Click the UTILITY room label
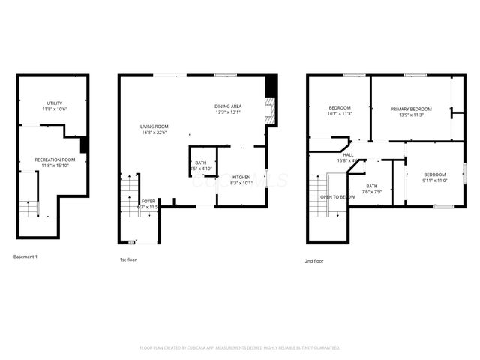[x=54, y=103]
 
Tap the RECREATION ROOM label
[x=54, y=159]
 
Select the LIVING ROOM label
[x=154, y=127]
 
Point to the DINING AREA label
[x=228, y=106]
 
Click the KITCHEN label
[x=241, y=176]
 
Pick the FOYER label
[x=148, y=201]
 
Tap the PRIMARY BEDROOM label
[x=411, y=109]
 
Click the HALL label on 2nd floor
[x=348, y=154]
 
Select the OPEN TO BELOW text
[x=337, y=196]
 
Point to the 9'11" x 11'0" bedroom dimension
[x=434, y=181]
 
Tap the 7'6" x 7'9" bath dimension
[x=373, y=192]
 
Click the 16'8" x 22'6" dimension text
[x=154, y=133]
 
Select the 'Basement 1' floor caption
[x=25, y=257]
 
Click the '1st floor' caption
[x=128, y=260]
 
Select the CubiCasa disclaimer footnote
[x=240, y=347]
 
